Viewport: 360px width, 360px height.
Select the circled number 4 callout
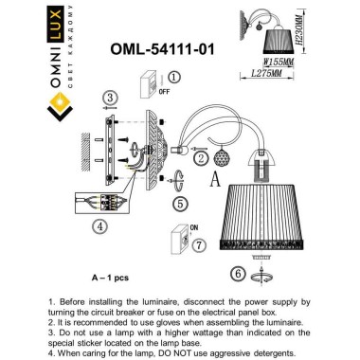click(x=99, y=226)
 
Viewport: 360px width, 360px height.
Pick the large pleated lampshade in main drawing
click(x=265, y=211)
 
